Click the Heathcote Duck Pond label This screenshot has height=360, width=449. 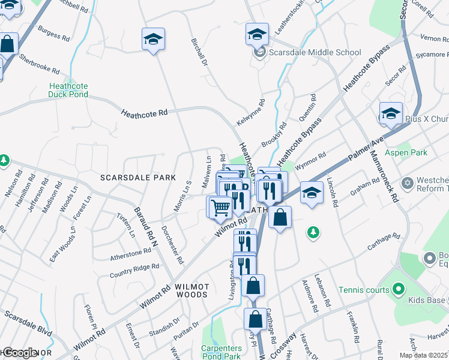[68, 90]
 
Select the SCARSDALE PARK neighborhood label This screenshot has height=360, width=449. [137, 178]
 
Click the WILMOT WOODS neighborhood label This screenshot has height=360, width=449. [192, 290]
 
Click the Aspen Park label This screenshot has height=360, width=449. [407, 152]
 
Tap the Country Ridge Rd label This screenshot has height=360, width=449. [134, 271]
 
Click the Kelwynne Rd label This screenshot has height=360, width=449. [250, 112]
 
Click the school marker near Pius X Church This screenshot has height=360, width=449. [390, 113]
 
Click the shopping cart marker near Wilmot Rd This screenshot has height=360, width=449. [220, 207]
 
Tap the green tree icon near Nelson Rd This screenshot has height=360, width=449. [4, 160]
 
